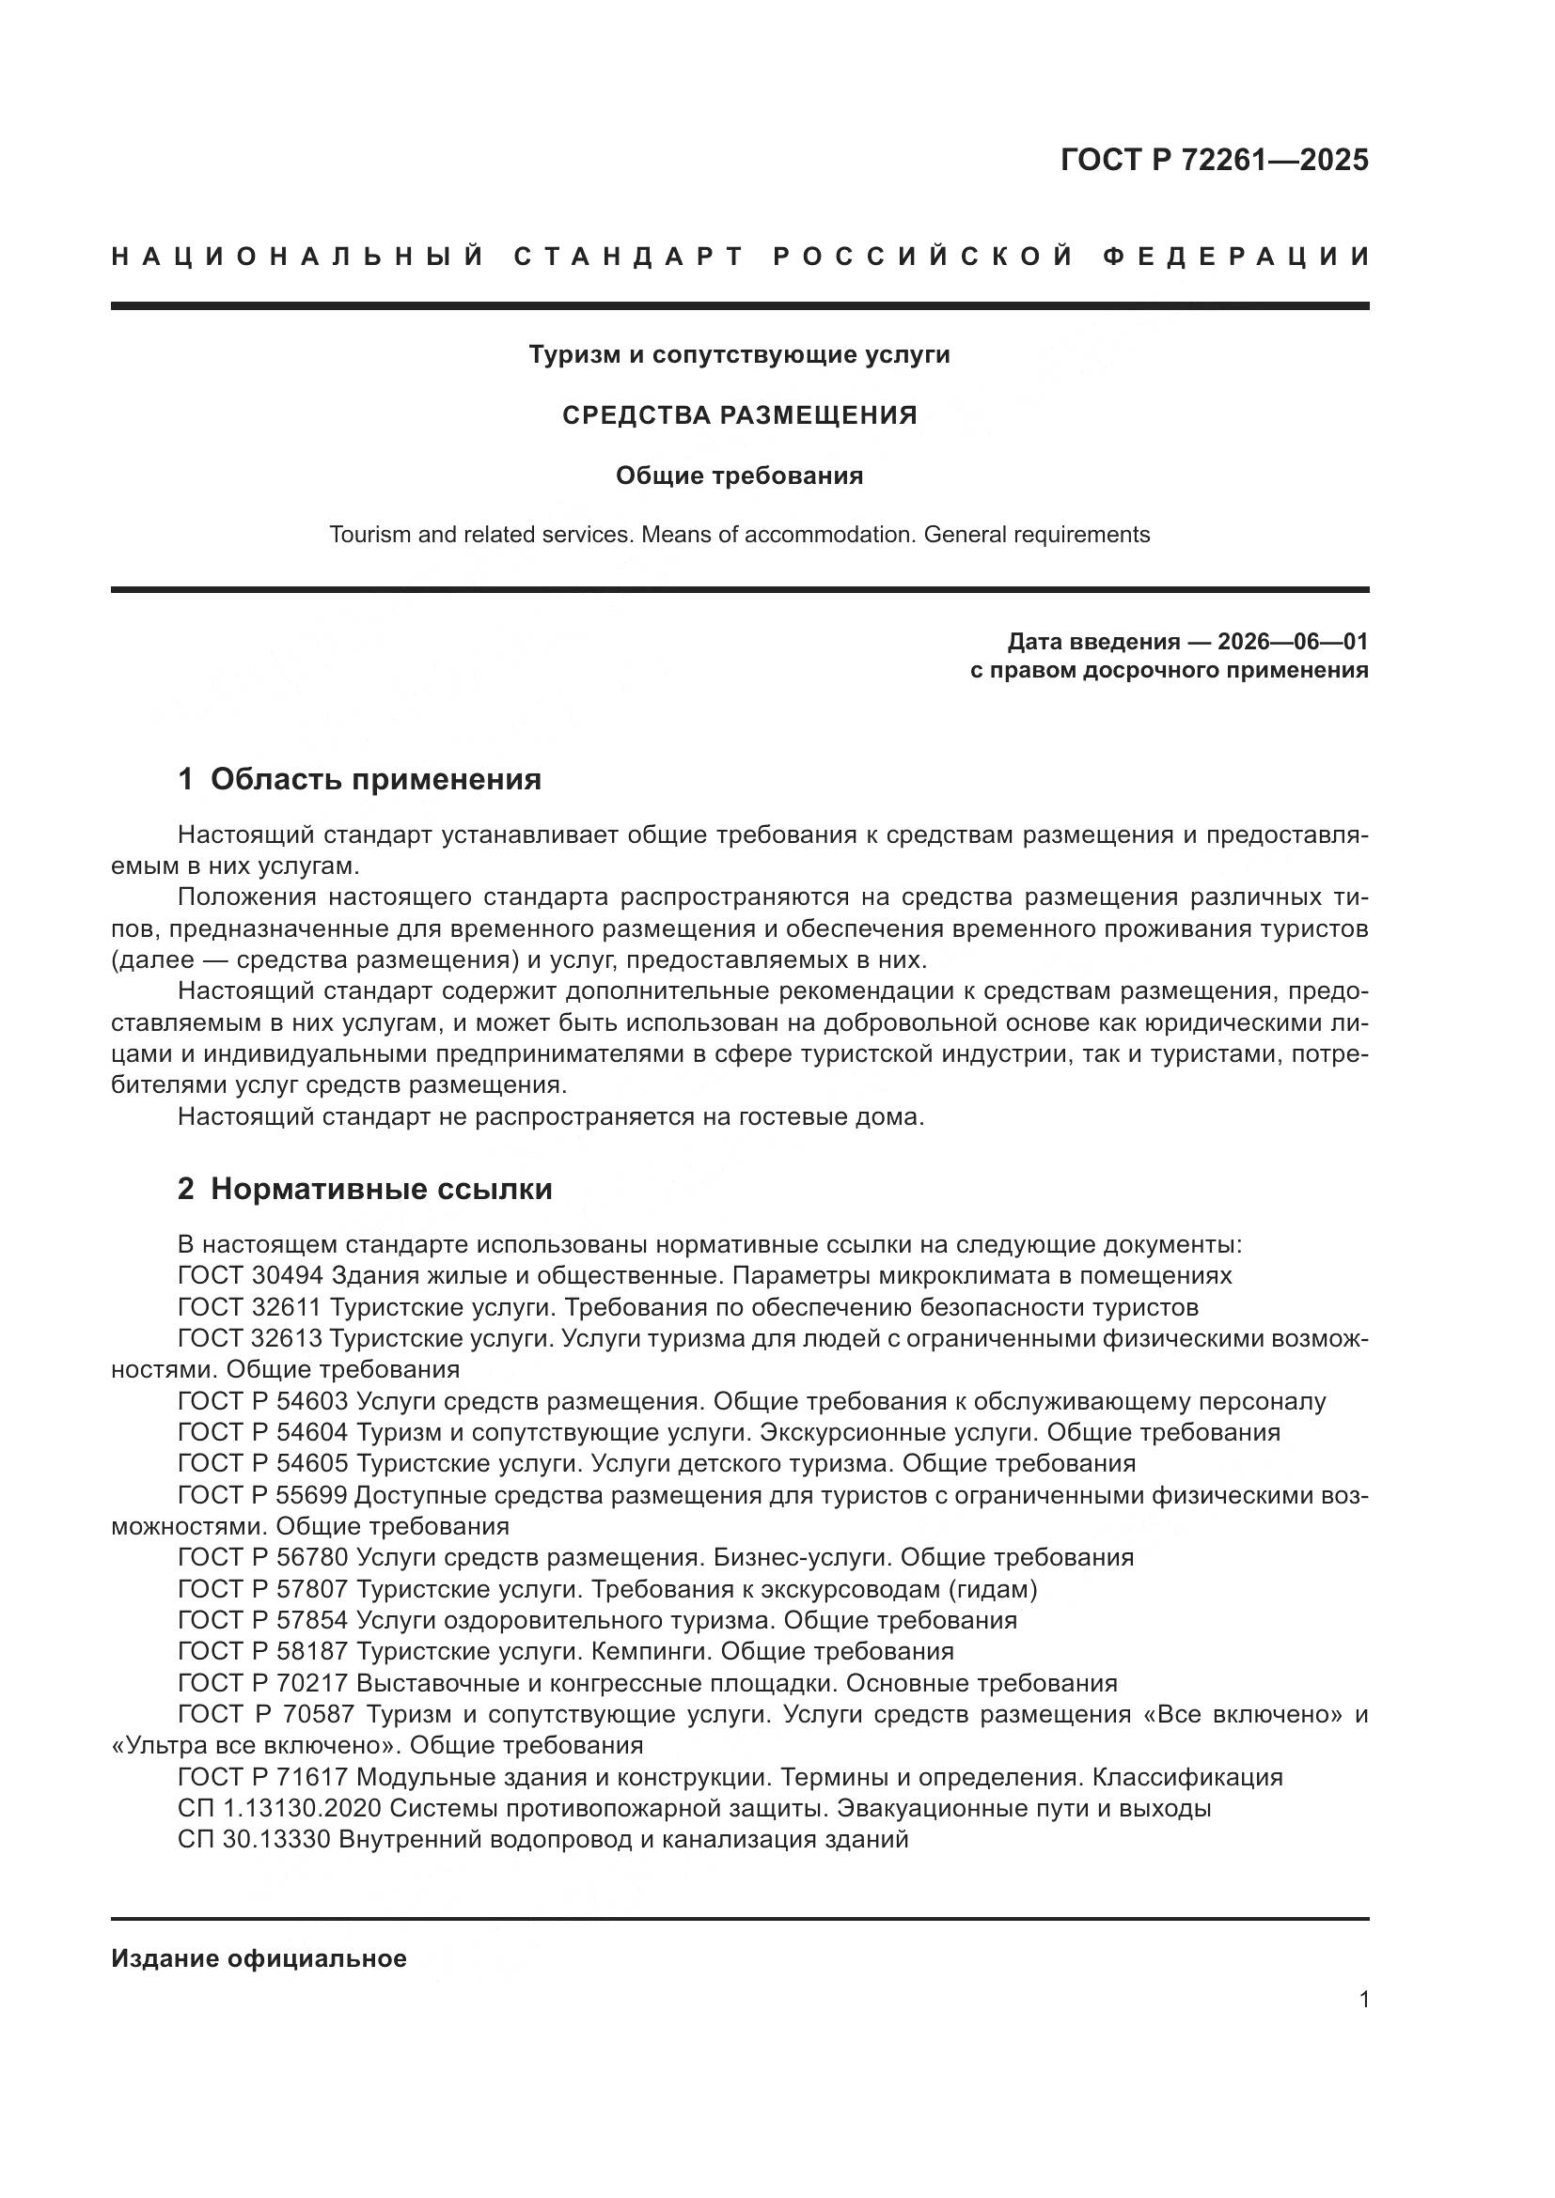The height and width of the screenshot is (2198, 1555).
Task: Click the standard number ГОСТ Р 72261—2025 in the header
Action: [x=1213, y=160]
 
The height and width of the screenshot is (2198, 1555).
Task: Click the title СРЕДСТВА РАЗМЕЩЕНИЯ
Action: [x=739, y=415]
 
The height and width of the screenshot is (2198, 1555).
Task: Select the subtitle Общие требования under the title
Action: [x=739, y=475]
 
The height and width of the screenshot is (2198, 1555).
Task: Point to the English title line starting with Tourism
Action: [x=739, y=535]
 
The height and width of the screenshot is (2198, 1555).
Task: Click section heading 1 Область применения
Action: [x=360, y=780]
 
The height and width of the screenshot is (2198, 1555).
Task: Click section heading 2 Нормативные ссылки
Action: [x=365, y=1190]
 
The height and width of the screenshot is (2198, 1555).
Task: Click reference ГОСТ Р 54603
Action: [x=263, y=1402]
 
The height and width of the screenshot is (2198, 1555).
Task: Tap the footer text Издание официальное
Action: [x=259, y=1958]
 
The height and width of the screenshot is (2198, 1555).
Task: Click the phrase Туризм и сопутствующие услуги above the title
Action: [x=739, y=355]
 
